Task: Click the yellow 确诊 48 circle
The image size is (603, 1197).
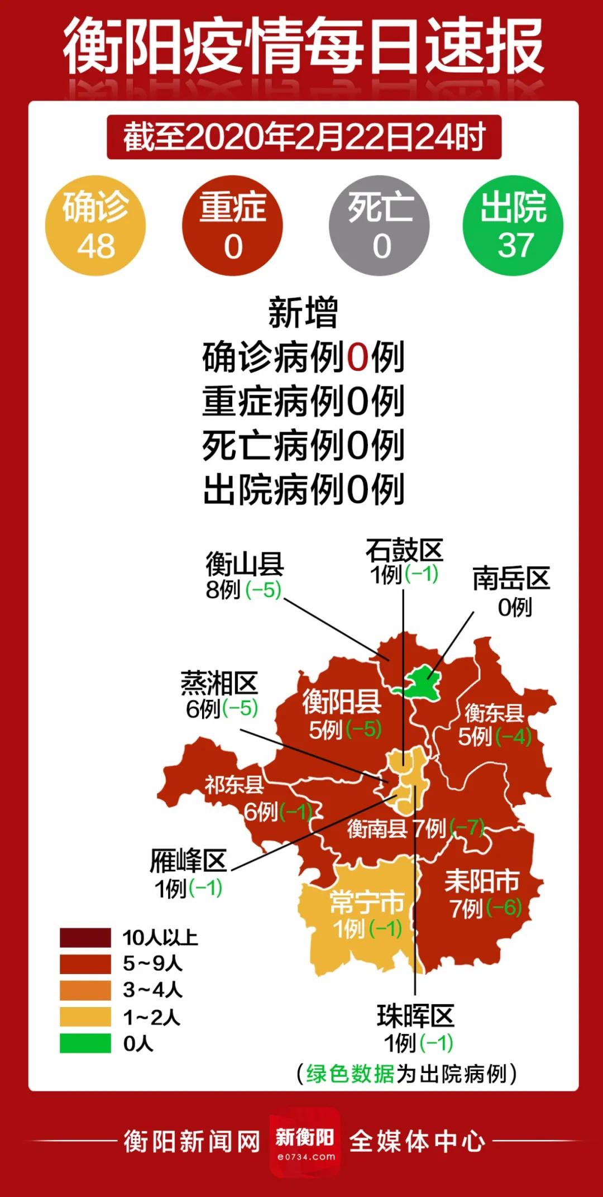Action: click(95, 226)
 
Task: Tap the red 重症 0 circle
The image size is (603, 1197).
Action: click(232, 226)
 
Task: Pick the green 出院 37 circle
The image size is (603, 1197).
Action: click(513, 226)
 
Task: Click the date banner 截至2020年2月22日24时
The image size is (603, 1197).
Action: click(304, 137)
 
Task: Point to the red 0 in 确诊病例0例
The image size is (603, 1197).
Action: click(358, 357)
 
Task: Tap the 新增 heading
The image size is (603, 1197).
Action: click(303, 313)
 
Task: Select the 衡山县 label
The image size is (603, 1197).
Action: click(245, 564)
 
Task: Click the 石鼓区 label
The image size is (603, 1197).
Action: click(404, 551)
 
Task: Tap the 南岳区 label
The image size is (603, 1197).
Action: click(511, 579)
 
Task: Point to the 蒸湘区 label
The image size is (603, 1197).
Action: click(219, 684)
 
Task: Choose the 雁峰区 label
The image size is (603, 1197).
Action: click(188, 861)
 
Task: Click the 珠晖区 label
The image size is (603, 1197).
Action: click(415, 1015)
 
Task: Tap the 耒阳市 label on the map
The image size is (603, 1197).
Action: click(482, 881)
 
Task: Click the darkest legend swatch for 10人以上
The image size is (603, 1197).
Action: click(85, 937)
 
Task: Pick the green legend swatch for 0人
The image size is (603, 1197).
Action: click(85, 1043)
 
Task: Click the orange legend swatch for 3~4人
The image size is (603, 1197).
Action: click(85, 990)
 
